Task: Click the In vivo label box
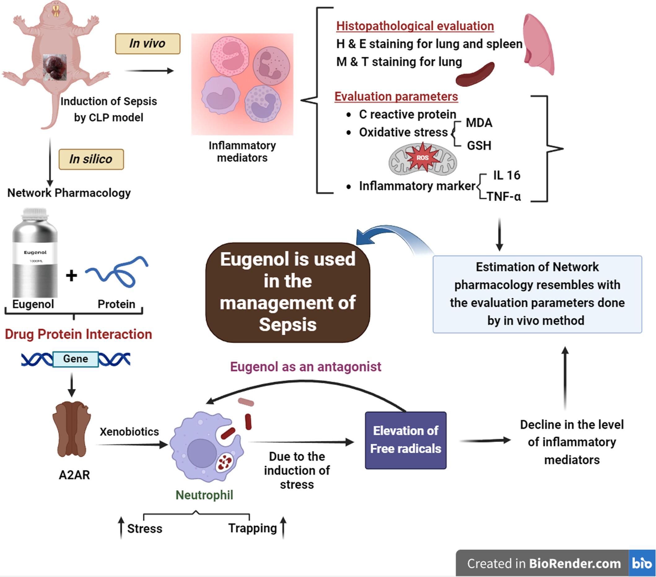coord(148,44)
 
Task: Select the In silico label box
coord(91,159)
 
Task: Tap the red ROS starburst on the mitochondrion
coord(422,157)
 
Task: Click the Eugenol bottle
coord(35,254)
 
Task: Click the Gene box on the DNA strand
coord(76,359)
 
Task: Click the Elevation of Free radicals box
coord(406,440)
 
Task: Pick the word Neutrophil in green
coord(204,495)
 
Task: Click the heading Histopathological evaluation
coord(415,26)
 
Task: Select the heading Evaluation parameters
coord(396,96)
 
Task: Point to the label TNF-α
coord(503,196)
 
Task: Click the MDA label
coord(479,123)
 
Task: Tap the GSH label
coord(479,145)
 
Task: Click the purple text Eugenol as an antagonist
coord(305,366)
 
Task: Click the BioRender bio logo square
coord(641,563)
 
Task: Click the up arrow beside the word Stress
coord(121,528)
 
